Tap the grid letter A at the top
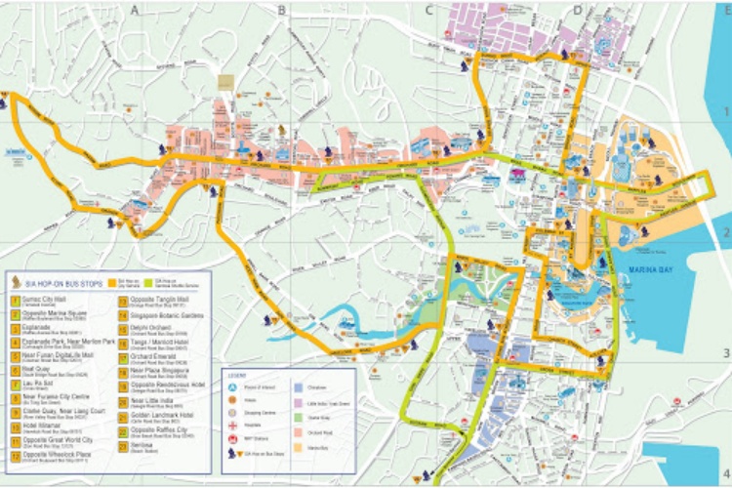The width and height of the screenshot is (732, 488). point(134,9)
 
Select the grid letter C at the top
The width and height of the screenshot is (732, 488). point(428,11)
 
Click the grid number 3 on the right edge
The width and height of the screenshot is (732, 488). point(723,354)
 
